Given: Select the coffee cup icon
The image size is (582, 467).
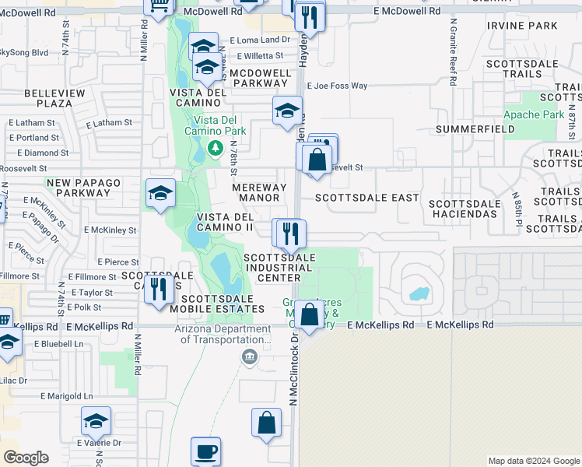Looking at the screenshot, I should pyautogui.click(x=205, y=451).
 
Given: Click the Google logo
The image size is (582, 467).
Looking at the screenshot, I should pyautogui.click(x=26, y=458).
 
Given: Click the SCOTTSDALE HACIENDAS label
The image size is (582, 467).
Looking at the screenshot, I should pyautogui.click(x=463, y=208).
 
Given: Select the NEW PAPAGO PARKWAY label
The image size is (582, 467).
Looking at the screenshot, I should pyautogui.click(x=83, y=188).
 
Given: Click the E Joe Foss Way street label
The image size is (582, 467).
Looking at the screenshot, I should pyautogui.click(x=337, y=86).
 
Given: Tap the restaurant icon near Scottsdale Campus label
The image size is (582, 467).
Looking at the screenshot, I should pyautogui.click(x=159, y=290).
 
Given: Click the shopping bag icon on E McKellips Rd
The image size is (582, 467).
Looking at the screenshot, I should pyautogui.click(x=309, y=315).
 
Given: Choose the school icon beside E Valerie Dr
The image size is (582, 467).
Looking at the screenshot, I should pyautogui.click(x=96, y=421).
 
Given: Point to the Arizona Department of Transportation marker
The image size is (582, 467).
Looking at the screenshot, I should pyautogui.click(x=250, y=357).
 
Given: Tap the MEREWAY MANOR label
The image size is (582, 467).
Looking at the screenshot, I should pyautogui.click(x=256, y=192).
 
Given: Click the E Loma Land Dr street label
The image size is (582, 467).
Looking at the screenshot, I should pyautogui.click(x=259, y=40).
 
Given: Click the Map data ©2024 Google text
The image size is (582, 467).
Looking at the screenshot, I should pyautogui.click(x=533, y=461).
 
